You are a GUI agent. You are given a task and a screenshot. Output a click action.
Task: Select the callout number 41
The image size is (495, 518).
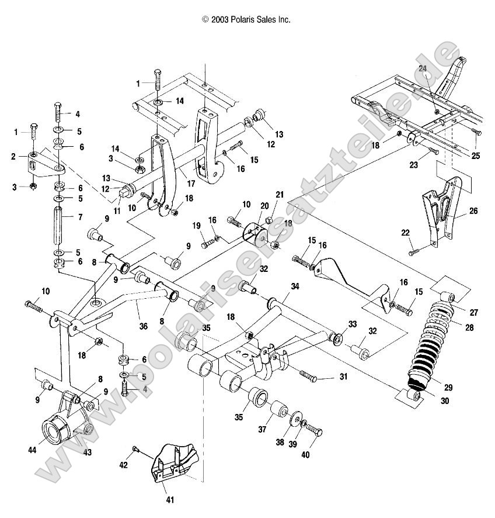pyautogui.click(x=169, y=499)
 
